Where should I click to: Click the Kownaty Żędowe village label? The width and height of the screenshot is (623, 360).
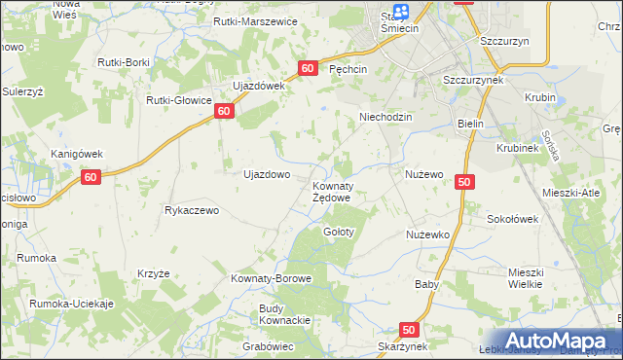pyautogui.click(x=332, y=192)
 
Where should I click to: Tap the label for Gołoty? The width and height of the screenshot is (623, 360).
pyautogui.click(x=339, y=233)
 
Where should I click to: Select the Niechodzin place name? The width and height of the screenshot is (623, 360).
pyautogui.click(x=386, y=117)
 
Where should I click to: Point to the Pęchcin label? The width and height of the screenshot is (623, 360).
pyautogui.click(x=348, y=70)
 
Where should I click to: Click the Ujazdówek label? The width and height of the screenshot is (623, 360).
pyautogui.click(x=257, y=86)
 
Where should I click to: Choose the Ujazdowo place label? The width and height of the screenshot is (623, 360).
pyautogui.click(x=266, y=175)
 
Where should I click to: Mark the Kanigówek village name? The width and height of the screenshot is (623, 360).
pyautogui.click(x=76, y=154)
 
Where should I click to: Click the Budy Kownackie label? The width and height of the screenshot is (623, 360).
pyautogui.click(x=284, y=314)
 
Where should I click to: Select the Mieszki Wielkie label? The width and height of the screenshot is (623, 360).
pyautogui.click(x=531, y=279)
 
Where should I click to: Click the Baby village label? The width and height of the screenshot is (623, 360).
pyautogui.click(x=426, y=285)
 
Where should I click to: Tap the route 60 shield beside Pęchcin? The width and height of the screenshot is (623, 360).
pyautogui.click(x=308, y=68)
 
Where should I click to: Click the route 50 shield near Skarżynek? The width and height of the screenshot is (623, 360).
pyautogui.click(x=409, y=330)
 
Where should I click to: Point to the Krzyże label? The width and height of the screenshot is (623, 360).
pyautogui.click(x=154, y=274)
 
